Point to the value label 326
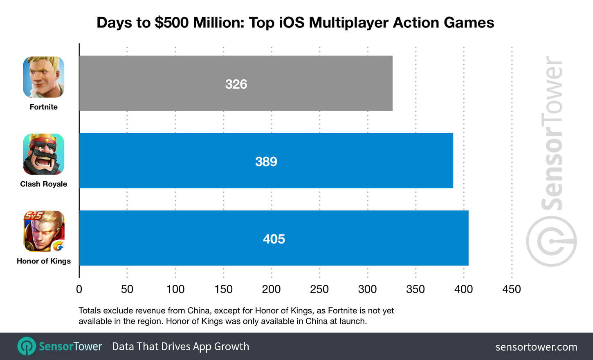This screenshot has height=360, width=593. pyautogui.click(x=236, y=84)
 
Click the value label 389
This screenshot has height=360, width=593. pyautogui.click(x=266, y=162)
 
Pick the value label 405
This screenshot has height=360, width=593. pyautogui.click(x=274, y=239)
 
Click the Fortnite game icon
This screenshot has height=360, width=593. pyautogui.click(x=44, y=77)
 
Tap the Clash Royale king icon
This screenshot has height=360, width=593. pyautogui.click(x=44, y=154)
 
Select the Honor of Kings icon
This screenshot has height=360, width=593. pyautogui.click(x=44, y=231)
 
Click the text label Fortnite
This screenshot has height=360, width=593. pyautogui.click(x=44, y=107)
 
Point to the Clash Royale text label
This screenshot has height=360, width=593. pyautogui.click(x=44, y=184)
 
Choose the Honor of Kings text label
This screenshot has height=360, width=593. pyautogui.click(x=44, y=261)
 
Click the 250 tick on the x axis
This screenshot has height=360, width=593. pyautogui.click(x=319, y=289)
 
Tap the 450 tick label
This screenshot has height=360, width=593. pyautogui.click(x=512, y=289)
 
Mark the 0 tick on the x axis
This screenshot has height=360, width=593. pyautogui.click(x=79, y=289)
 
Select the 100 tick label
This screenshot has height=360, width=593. pyautogui.click(x=175, y=289)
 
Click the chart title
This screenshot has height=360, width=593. pyautogui.click(x=295, y=22)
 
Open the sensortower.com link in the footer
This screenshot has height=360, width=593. pyautogui.click(x=536, y=347)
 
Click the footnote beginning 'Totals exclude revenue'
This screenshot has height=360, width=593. pyautogui.click(x=236, y=316)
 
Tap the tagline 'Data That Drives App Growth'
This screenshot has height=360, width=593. pyautogui.click(x=180, y=346)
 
